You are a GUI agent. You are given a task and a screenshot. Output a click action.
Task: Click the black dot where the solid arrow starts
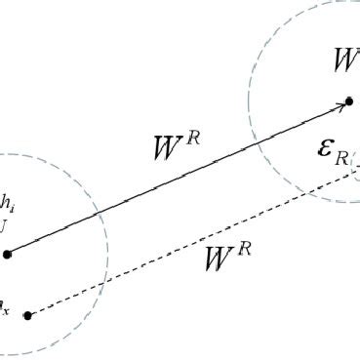(8, 254)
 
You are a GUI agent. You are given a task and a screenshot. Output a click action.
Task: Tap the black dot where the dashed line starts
(28, 315)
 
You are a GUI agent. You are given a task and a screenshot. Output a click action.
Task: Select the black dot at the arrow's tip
(348, 101)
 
